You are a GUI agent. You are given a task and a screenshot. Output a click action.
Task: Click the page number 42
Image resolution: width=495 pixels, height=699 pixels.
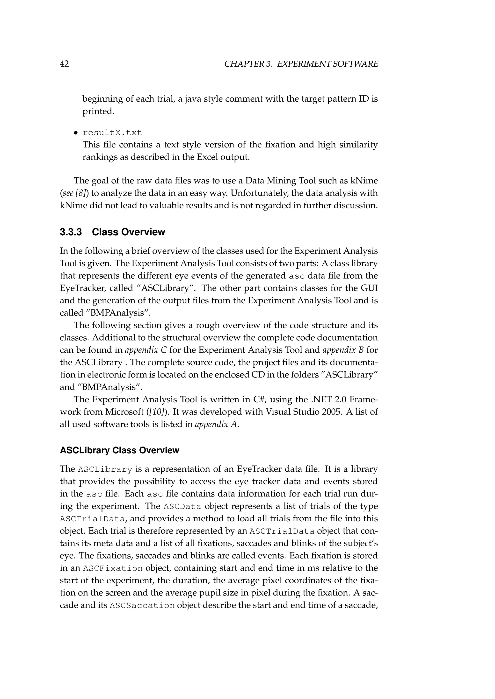[64, 64]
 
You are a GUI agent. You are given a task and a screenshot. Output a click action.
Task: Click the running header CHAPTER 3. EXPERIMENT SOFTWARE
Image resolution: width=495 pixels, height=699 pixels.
[301, 64]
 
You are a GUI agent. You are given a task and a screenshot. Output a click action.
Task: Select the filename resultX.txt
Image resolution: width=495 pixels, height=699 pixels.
[112, 133]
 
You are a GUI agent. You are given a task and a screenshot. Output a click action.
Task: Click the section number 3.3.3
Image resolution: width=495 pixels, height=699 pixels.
[71, 232]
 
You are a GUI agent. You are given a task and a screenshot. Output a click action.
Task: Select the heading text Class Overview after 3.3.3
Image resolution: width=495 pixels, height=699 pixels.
[128, 232]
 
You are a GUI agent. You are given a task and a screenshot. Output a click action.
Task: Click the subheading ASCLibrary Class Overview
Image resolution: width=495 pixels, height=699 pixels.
[119, 450]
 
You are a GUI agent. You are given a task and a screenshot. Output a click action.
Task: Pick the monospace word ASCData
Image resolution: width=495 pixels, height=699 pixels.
[182, 507]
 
